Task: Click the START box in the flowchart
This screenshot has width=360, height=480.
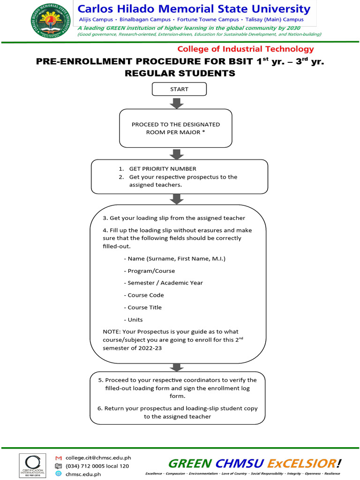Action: pos(179,89)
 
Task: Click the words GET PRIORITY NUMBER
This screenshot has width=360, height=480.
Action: pos(163,169)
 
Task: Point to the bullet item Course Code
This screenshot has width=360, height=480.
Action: pos(144,295)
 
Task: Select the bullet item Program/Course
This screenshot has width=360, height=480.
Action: pos(150,271)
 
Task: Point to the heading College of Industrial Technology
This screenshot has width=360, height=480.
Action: pos(246,49)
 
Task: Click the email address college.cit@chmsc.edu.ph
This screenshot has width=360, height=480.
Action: pos(98,457)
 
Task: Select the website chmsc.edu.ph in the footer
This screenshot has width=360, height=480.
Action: pos(83,474)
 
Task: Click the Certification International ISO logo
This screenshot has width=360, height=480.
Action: pos(32,465)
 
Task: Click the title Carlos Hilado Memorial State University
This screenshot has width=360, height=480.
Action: pos(194,9)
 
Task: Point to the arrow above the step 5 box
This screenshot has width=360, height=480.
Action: pos(177,367)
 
